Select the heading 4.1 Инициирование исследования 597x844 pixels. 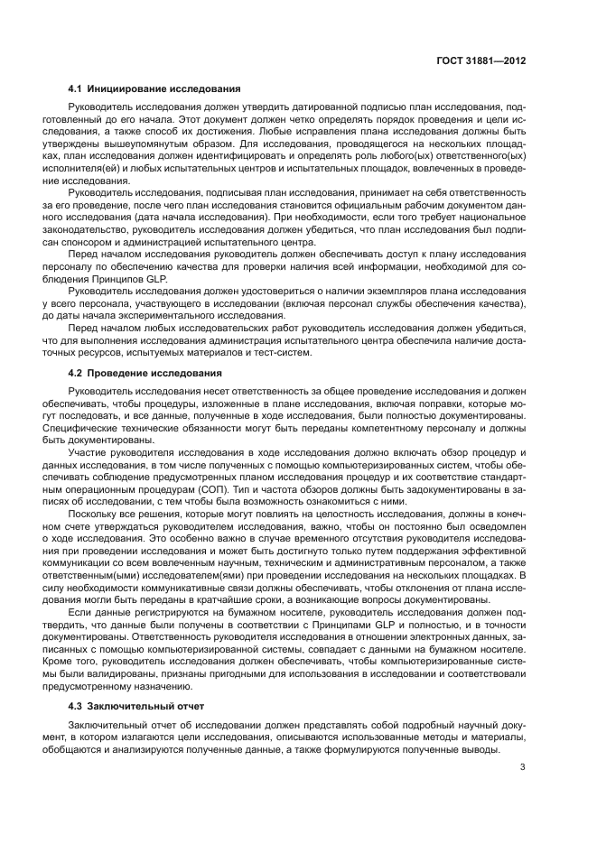[154, 88]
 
